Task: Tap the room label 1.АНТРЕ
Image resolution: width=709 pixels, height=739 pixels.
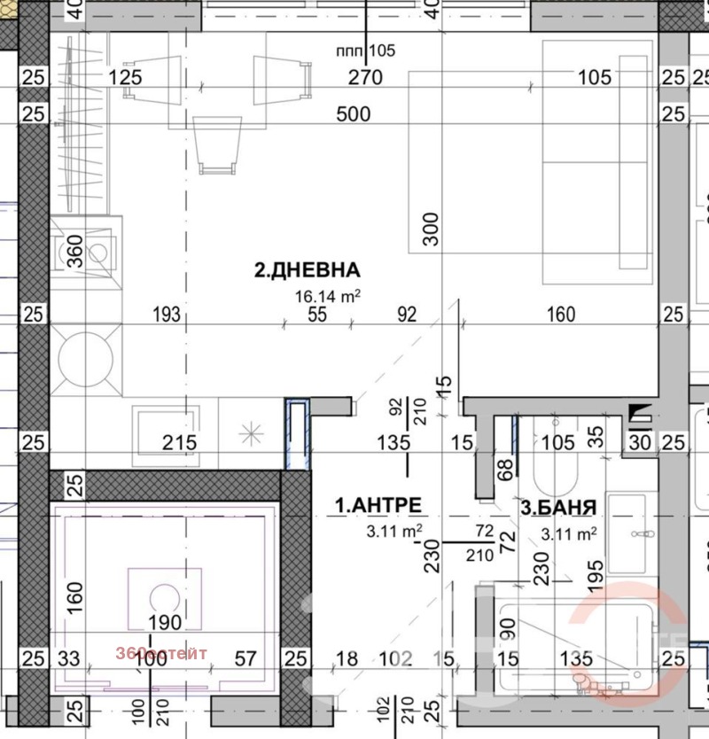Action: coord(378,505)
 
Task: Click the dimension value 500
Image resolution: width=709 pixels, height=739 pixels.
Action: coord(353,114)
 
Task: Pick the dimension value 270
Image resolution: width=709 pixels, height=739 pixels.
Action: coord(364,78)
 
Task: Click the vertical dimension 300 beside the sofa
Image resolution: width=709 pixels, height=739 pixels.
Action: coord(431,229)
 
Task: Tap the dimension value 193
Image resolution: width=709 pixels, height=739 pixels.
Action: coord(167,314)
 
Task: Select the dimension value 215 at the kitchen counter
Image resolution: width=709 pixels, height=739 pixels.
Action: coord(178,441)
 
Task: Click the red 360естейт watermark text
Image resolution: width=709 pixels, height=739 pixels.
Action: coord(161,654)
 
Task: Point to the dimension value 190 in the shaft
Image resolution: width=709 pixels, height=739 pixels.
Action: coord(165,622)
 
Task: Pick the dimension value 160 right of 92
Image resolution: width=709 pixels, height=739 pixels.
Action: coord(561,314)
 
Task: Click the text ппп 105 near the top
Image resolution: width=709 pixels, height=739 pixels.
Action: coord(365,51)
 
